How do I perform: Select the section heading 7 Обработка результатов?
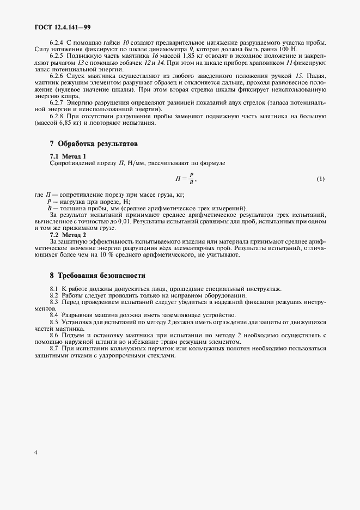(x=93, y=144)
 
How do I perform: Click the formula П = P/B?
(x=185, y=179)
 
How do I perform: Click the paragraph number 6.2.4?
(x=57, y=43)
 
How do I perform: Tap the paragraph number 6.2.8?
(x=57, y=116)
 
